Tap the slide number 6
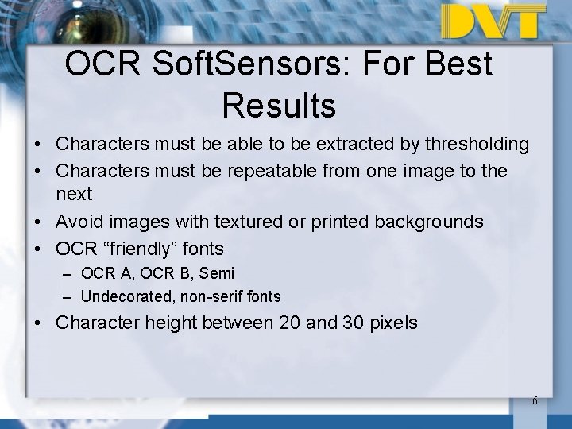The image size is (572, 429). tap(535, 400)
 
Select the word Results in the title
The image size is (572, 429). tap(279, 104)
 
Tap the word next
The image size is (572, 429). tap(74, 194)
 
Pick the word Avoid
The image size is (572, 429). tap(79, 222)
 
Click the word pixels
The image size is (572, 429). tap(395, 323)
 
